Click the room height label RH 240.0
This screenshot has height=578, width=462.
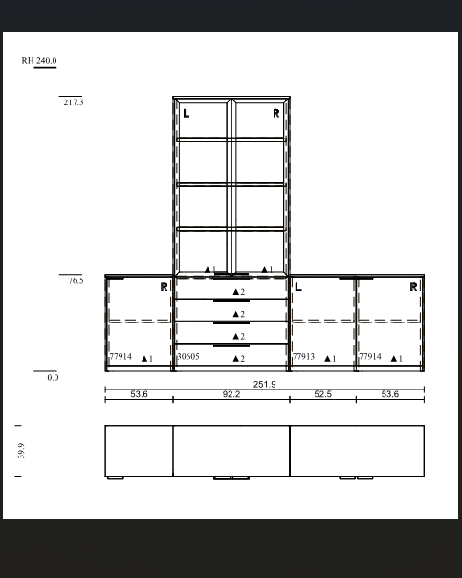39,60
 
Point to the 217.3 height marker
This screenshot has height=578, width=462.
74,102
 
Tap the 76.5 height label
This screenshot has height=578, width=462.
76,280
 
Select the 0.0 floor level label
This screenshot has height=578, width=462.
53,377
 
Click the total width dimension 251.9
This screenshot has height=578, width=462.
265,384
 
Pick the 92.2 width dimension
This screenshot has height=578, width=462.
231,394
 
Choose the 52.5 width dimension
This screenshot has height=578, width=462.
322,394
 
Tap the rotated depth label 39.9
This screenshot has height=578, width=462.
21,451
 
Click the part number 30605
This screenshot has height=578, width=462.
188,356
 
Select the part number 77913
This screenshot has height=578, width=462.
303,356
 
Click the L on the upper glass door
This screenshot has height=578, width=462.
187,114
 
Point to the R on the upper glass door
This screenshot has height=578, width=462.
276,114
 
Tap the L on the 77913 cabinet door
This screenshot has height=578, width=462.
298,287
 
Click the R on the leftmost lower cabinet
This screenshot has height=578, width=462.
164,287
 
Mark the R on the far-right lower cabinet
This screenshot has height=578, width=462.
413,287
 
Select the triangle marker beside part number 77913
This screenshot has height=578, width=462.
327,358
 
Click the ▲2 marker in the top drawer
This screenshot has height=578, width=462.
239,292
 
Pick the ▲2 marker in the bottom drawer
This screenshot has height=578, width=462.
239,359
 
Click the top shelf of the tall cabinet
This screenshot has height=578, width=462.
231,140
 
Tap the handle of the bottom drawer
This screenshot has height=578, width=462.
231,345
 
